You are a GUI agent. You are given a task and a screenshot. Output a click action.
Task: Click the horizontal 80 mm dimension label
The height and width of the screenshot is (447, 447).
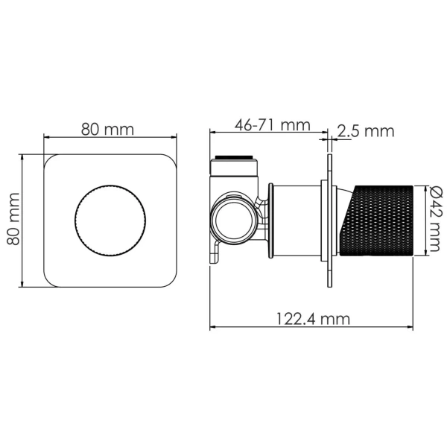click(x=107, y=130)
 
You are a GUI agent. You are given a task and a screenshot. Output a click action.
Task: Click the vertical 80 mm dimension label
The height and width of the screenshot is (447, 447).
click(x=13, y=219)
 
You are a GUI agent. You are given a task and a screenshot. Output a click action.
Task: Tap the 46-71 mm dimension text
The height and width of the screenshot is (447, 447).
click(x=272, y=125)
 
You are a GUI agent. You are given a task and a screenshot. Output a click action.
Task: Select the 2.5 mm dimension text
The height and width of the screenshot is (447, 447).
click(x=366, y=131)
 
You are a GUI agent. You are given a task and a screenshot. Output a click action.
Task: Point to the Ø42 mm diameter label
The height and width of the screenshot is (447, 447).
click(x=435, y=219)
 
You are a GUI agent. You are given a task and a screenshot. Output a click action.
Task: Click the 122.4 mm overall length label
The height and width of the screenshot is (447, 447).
click(x=313, y=319)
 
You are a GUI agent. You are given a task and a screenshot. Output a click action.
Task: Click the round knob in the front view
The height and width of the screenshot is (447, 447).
click(x=110, y=221)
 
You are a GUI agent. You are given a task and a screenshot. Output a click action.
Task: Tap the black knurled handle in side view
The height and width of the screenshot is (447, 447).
click(x=377, y=221)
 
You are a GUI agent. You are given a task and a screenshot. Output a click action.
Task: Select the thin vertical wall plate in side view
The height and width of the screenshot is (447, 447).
click(x=329, y=221)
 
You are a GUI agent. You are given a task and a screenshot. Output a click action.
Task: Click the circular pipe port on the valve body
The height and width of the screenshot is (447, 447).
click(x=233, y=221)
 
